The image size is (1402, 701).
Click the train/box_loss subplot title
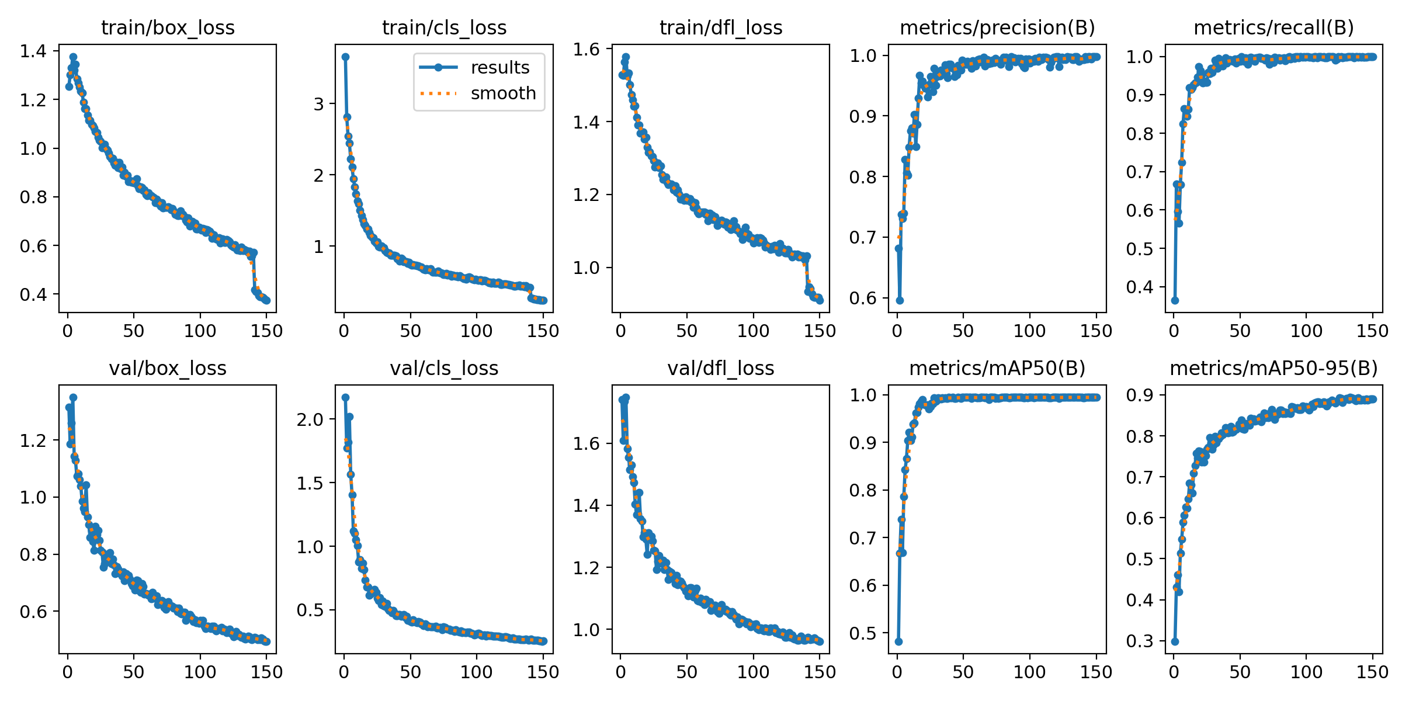(x=168, y=27)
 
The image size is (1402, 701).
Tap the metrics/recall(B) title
(x=1273, y=27)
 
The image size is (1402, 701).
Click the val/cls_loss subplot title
(x=444, y=368)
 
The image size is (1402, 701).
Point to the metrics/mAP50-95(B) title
(x=1273, y=368)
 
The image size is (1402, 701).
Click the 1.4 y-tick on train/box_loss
(x=33, y=51)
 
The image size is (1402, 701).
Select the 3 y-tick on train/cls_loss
(x=318, y=104)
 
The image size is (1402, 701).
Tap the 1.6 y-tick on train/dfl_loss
(x=586, y=49)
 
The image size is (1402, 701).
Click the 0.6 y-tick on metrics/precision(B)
(x=863, y=298)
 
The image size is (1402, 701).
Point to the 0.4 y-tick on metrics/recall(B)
(x=1140, y=287)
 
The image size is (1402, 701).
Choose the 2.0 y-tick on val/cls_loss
(x=310, y=419)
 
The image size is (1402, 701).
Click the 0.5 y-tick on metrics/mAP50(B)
(x=863, y=633)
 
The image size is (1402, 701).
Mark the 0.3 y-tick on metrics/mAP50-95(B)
(x=1140, y=641)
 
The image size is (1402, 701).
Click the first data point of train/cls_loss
(x=345, y=57)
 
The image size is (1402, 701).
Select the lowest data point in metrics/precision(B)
(x=900, y=300)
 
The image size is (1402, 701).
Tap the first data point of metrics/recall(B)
(x=1175, y=300)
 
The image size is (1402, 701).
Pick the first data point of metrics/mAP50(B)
(x=898, y=641)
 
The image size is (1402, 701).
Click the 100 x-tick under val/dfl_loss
(x=752, y=672)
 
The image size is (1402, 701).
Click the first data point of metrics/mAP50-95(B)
(x=1175, y=641)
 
